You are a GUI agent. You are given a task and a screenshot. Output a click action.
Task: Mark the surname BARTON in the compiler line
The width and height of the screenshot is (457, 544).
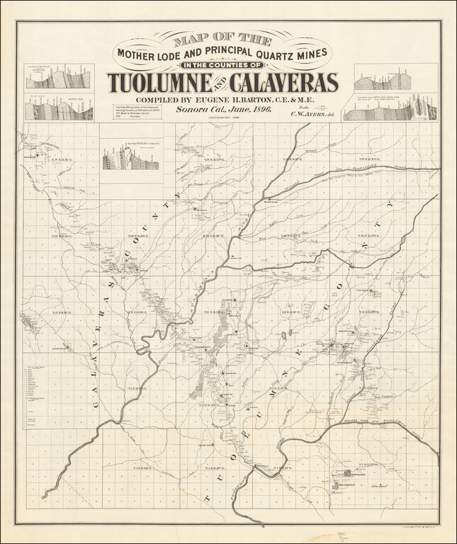pos(265,101)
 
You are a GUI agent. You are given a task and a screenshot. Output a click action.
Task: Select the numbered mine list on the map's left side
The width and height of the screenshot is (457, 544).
pos(33,397)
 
